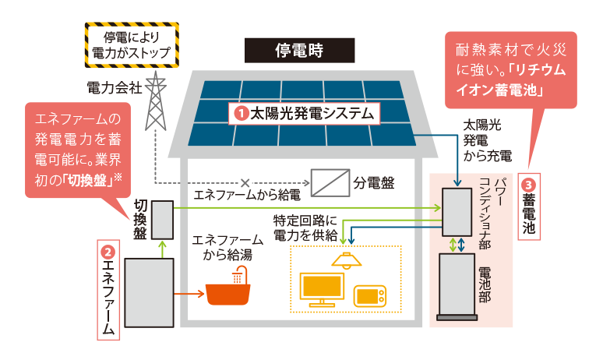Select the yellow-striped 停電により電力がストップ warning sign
click(131, 44)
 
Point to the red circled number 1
click(242, 114)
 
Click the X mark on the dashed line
click(245, 183)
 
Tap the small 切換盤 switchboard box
click(162, 220)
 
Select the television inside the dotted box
click(321, 289)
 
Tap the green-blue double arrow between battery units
click(457, 244)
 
